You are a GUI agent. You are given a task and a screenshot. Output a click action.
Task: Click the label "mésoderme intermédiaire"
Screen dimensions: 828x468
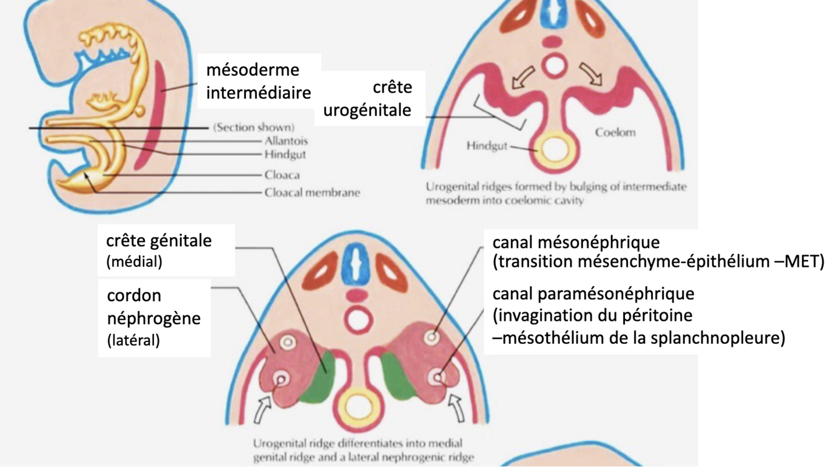258,81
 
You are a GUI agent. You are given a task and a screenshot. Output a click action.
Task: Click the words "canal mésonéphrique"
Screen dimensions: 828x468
576,241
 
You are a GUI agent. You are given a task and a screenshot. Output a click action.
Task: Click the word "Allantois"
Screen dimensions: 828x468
286,141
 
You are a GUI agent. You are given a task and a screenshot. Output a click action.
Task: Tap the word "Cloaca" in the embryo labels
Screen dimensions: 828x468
282,175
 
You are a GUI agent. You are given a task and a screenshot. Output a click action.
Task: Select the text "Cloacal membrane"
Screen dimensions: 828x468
312,192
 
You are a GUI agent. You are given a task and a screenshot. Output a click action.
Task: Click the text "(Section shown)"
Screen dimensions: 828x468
253,127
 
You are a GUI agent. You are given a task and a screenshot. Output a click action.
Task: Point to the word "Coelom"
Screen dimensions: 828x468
615,132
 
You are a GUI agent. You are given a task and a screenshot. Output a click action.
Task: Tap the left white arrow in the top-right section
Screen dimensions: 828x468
520,77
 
